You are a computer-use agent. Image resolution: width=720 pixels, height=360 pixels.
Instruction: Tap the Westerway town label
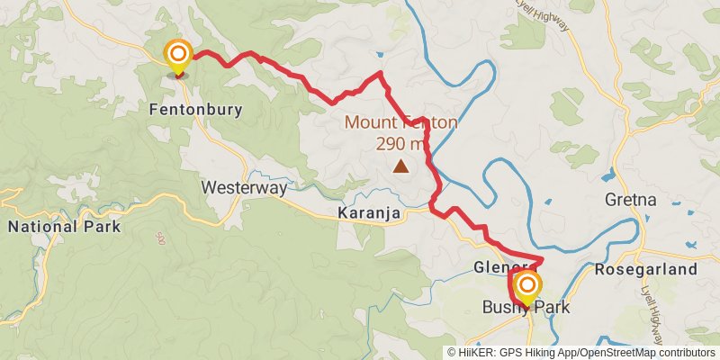coord(244,188)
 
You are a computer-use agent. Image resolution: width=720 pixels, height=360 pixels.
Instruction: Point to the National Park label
coord(64,227)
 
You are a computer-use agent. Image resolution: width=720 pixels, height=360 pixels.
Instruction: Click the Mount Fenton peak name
coord(400,123)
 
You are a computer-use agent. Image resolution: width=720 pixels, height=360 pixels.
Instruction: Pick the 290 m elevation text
coord(400,142)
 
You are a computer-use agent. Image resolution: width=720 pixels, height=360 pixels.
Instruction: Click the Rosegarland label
coord(646,269)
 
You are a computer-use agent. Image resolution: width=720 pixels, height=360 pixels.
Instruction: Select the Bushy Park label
coord(526,308)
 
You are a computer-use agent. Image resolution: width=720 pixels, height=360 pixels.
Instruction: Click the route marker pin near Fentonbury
coord(178,57)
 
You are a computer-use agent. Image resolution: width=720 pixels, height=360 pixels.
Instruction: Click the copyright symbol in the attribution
coord(451,353)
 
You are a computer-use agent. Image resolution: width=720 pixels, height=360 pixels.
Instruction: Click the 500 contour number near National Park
coord(159,238)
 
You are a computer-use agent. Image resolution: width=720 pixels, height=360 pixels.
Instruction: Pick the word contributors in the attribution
coord(686,353)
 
